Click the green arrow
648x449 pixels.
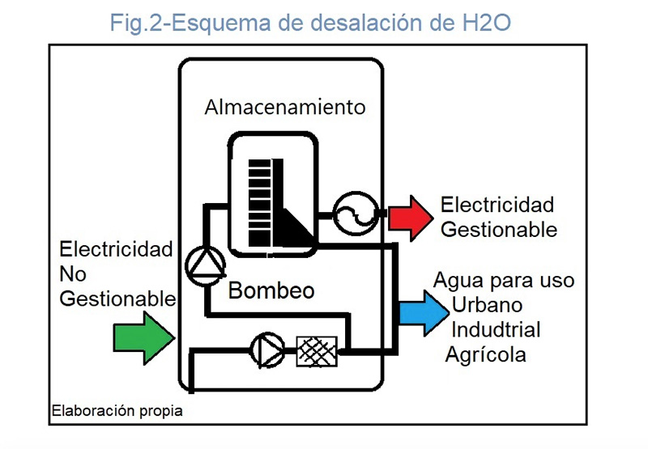pyautogui.click(x=143, y=334)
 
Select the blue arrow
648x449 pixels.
pyautogui.click(x=422, y=311)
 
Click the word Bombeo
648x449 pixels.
pyautogui.click(x=271, y=290)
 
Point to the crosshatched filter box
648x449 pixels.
pyautogui.click(x=318, y=350)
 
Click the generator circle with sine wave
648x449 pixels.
pyautogui.click(x=353, y=214)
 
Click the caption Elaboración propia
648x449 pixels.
pyautogui.click(x=117, y=411)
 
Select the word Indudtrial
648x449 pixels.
pyautogui.click(x=495, y=330)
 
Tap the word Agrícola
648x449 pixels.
pyautogui.click(x=485, y=354)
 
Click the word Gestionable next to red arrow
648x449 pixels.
pyautogui.click(x=499, y=229)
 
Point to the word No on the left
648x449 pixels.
pyautogui.click(x=73, y=274)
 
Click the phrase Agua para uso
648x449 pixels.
pyautogui.click(x=504, y=281)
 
